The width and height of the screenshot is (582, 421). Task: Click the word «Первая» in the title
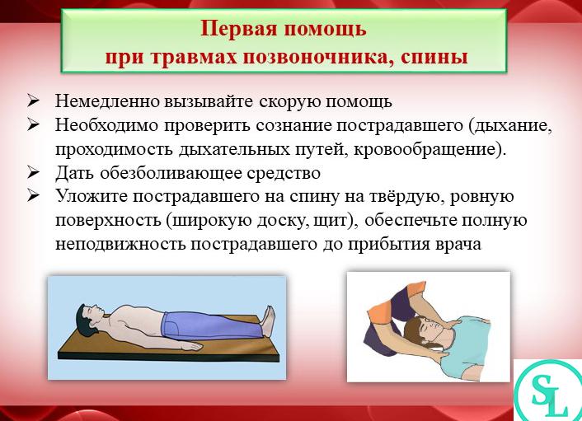pos(238,30)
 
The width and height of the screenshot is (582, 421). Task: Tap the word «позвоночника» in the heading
pos(297,57)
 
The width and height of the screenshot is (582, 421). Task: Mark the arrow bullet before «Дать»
pos(34,174)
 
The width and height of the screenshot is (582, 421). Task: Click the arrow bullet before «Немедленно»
pos(34,102)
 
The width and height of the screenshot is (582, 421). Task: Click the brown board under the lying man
pos(165,345)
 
